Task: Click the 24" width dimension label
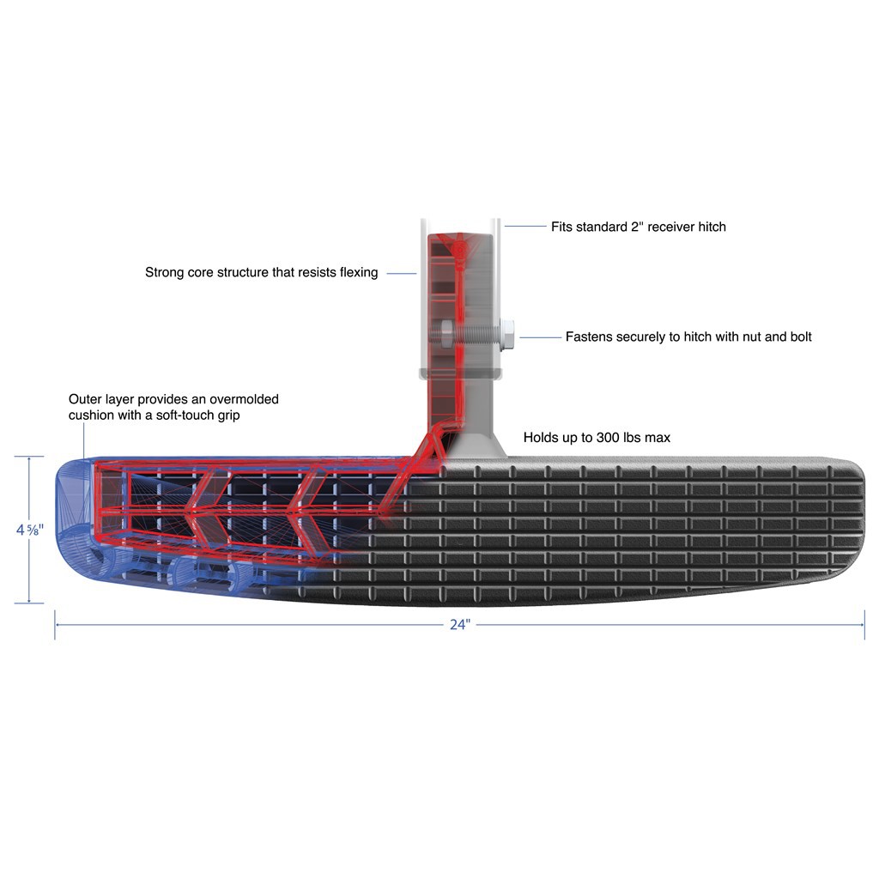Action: (x=460, y=625)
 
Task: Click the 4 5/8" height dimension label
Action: (x=28, y=530)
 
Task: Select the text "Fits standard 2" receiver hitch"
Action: (x=638, y=227)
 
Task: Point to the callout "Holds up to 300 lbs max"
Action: (x=597, y=438)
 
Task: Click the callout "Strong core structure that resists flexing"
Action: (x=261, y=273)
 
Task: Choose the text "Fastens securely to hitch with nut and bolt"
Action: (x=688, y=337)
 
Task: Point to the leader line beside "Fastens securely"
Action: (x=540, y=337)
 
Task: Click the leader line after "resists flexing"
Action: (x=401, y=273)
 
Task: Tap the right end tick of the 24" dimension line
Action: (x=864, y=625)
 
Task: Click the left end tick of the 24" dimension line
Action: (x=56, y=625)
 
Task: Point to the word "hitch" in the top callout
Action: (x=709, y=227)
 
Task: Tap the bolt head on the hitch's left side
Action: (x=446, y=330)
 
